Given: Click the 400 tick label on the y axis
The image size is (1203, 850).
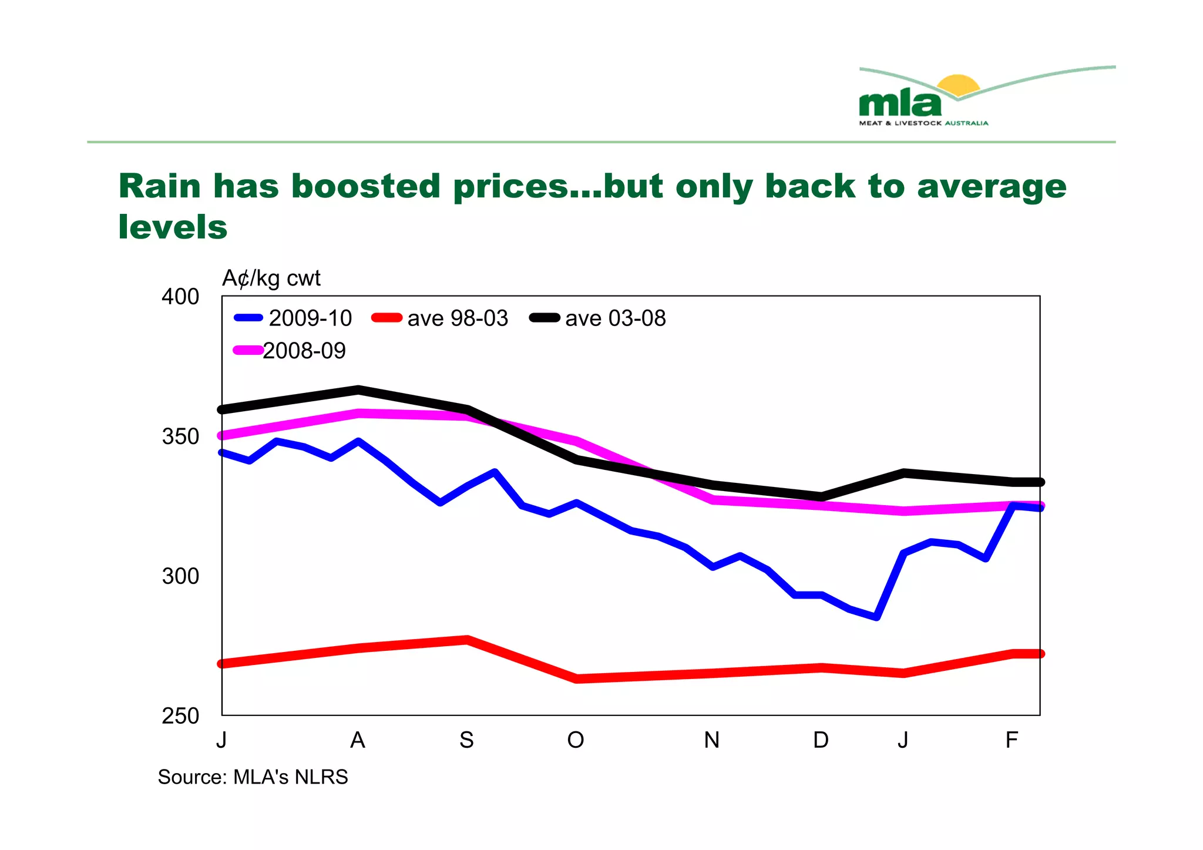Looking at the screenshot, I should point(180,297).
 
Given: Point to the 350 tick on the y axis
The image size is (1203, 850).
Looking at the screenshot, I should point(180,437).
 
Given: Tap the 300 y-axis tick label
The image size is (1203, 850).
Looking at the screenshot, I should point(180,577).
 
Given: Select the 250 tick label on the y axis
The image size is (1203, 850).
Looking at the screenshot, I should point(180,717).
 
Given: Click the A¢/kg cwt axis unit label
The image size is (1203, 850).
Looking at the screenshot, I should point(271,278).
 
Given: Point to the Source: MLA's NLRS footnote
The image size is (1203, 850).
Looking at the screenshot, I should point(253,777).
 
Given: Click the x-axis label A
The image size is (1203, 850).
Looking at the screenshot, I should point(358,740).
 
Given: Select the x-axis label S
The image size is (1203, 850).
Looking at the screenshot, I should point(466,740).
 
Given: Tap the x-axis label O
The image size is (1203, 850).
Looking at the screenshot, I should point(576,740).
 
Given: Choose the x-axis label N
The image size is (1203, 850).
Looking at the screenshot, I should point(712,740).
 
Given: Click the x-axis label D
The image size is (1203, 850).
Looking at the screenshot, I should point(821,740).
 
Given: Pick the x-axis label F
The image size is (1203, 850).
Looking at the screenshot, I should point(1012,740).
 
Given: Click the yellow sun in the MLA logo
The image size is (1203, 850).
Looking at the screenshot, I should point(958,86).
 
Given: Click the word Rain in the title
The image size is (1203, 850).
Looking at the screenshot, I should point(160,186).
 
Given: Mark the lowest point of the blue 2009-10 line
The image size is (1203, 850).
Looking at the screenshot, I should point(876,617).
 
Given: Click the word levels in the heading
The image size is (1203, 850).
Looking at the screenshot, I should point(173,227).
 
